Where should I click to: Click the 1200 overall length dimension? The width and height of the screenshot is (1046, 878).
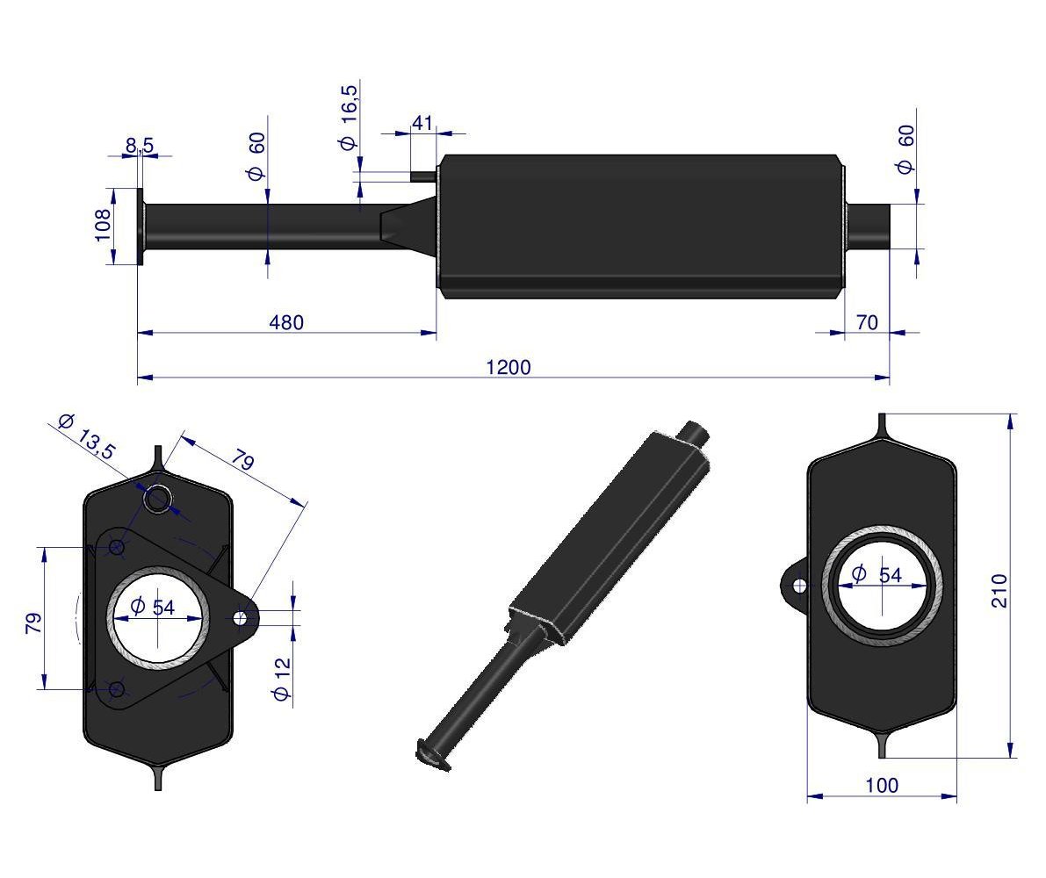(509, 367)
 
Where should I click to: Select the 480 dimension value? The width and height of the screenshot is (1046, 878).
(286, 323)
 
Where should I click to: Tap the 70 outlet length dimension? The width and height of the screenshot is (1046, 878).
(867, 323)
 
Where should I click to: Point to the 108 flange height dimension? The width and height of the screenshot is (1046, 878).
(103, 225)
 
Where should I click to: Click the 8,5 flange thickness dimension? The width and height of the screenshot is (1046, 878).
(140, 146)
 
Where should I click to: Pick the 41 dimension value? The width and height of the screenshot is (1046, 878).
(422, 123)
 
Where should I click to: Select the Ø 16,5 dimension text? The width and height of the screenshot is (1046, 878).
(348, 118)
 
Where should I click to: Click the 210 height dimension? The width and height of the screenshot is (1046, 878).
(999, 590)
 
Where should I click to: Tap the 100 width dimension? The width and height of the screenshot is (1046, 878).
(881, 785)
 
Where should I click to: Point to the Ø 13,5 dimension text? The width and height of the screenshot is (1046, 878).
(87, 436)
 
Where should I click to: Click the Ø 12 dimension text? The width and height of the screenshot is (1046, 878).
(282, 679)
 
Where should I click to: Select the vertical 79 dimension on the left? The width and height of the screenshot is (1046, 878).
(33, 623)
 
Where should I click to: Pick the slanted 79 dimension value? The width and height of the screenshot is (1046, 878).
(243, 460)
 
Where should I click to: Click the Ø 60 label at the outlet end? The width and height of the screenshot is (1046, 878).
(905, 150)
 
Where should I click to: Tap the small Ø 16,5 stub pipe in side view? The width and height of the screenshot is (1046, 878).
(423, 176)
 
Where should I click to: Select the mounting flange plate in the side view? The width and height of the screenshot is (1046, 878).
(141, 227)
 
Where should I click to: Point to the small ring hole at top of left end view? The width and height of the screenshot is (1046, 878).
(157, 500)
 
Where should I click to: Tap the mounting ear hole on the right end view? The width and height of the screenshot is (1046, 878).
(798, 586)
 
